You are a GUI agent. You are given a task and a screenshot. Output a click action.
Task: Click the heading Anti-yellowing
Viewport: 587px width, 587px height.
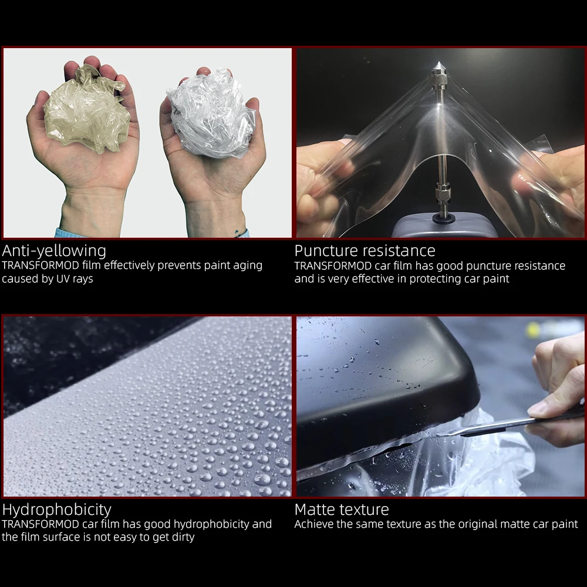pos(54,251)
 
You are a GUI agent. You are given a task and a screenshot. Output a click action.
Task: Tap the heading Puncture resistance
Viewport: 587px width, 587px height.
pos(365,251)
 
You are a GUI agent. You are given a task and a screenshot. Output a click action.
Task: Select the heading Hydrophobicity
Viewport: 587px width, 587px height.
pos(56,510)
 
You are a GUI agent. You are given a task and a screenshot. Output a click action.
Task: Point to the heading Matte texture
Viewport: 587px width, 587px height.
pos(342,510)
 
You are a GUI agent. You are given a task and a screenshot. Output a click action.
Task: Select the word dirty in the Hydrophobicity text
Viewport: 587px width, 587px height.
pos(178,537)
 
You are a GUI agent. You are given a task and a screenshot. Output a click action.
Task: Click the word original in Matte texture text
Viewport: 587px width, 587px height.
pos(460,524)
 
